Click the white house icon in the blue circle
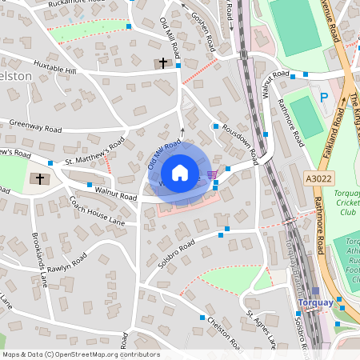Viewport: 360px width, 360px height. [180, 173]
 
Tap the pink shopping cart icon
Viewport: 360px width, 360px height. [210, 174]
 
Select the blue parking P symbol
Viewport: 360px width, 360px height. [324, 98]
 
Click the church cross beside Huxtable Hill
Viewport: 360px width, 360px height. [163, 62]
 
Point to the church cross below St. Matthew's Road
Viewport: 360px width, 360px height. [39, 178]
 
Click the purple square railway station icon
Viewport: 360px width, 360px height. [315, 292]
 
